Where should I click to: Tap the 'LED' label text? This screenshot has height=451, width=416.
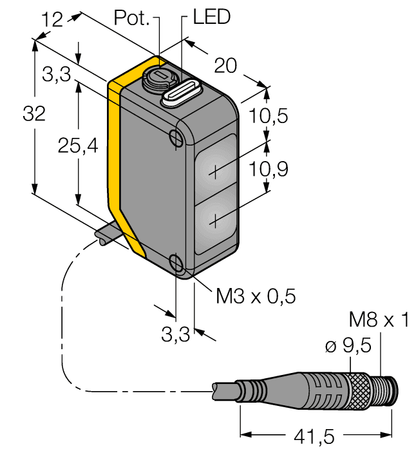[211, 17]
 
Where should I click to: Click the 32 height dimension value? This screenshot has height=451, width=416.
[33, 114]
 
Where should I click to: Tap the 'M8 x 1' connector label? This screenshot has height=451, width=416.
[378, 320]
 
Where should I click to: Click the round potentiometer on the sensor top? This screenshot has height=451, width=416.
[157, 80]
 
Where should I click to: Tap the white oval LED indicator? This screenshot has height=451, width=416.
[182, 94]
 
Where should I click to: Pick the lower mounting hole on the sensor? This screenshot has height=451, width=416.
[176, 262]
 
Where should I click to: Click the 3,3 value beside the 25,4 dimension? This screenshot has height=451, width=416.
[57, 77]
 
